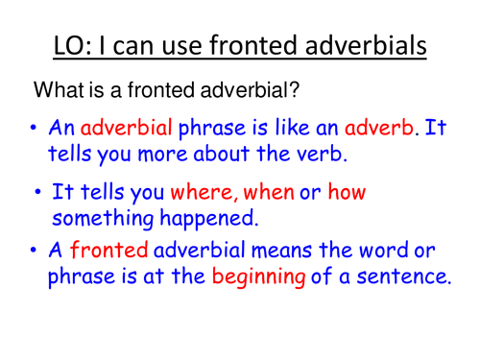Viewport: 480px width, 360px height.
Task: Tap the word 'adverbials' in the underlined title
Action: pyautogui.click(x=366, y=45)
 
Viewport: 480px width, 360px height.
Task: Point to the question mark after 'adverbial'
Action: pyautogui.click(x=295, y=89)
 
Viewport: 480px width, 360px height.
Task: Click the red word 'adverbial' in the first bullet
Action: pyautogui.click(x=127, y=127)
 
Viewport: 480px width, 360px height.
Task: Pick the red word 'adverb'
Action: pyautogui.click(x=379, y=127)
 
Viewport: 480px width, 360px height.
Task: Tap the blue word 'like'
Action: pyautogui.click(x=292, y=127)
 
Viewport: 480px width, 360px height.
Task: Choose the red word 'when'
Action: pyautogui.click(x=269, y=192)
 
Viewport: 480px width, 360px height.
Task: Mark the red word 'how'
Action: pyautogui.click(x=347, y=192)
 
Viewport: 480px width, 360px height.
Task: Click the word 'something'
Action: pyautogui.click(x=103, y=219)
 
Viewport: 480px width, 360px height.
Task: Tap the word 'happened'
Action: pyautogui.click(x=207, y=219)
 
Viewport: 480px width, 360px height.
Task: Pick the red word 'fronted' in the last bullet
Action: pyautogui.click(x=108, y=250)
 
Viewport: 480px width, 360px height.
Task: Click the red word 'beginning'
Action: pyautogui.click(x=258, y=276)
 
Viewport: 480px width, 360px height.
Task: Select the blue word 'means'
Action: pyautogui.click(x=281, y=251)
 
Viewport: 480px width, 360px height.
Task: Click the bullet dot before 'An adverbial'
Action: pyautogui.click(x=34, y=128)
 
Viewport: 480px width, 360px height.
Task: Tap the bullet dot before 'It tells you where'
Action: pyautogui.click(x=37, y=192)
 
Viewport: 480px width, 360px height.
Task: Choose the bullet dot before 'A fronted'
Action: pyautogui.click(x=34, y=250)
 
